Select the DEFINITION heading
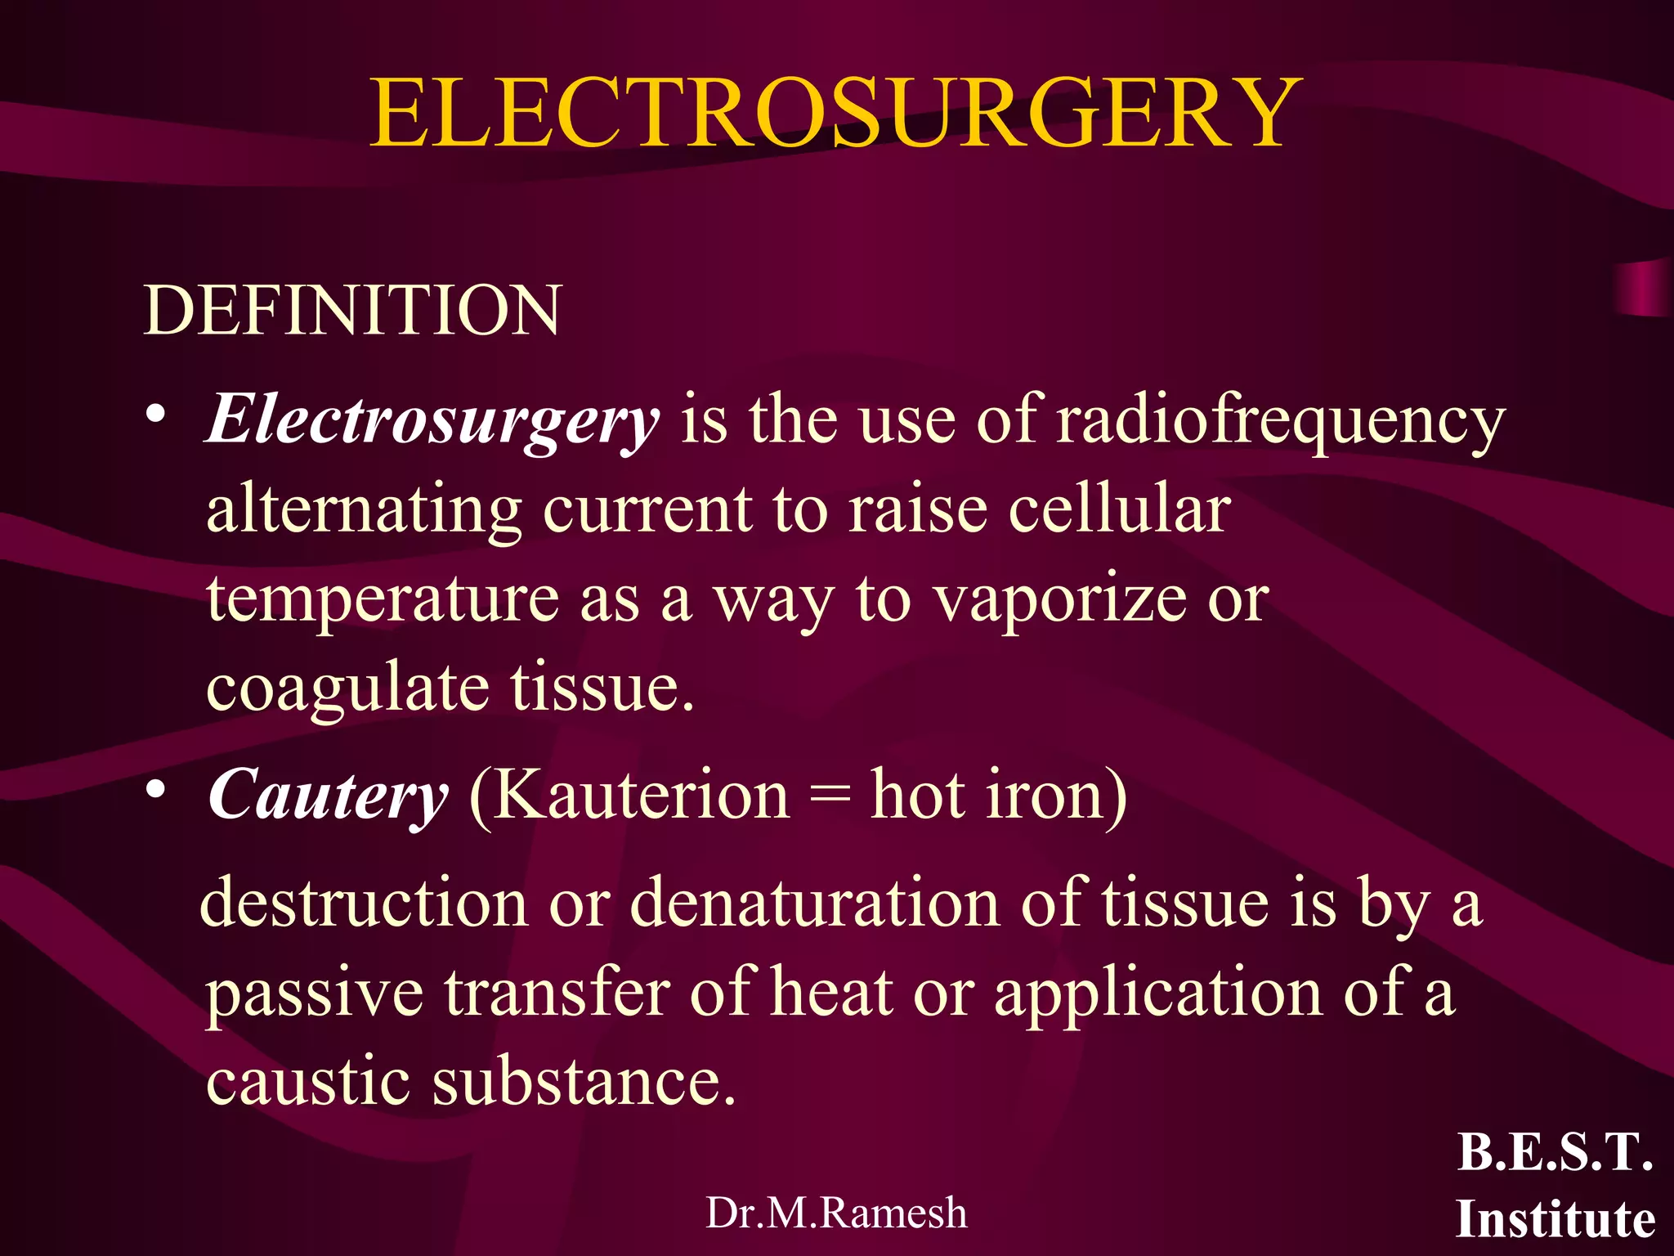[x=352, y=311]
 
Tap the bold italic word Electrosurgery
[x=432, y=420]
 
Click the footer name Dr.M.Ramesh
[x=836, y=1213]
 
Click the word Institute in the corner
[x=1555, y=1219]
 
